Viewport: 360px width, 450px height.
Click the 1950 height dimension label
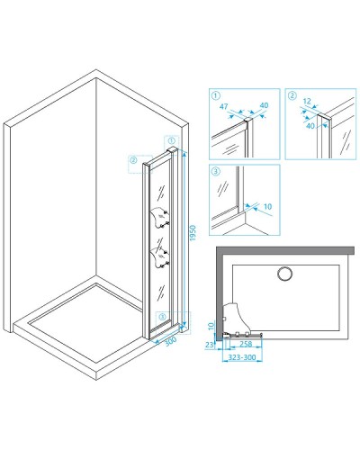(x=193, y=233)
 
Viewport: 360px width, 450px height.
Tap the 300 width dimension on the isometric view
(x=170, y=341)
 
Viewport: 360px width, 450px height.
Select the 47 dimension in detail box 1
(x=224, y=106)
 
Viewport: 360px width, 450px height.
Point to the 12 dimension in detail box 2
(x=307, y=101)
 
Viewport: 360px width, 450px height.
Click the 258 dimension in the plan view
(x=246, y=344)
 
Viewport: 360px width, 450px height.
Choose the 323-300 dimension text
(x=242, y=357)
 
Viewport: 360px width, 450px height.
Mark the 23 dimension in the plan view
(x=210, y=345)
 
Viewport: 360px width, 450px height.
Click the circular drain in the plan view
(x=284, y=274)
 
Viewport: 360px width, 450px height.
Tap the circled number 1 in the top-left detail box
(x=216, y=95)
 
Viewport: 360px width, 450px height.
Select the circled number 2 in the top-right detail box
(x=292, y=95)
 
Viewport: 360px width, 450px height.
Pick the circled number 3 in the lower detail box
(x=216, y=171)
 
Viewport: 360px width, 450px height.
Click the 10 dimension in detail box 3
(x=267, y=206)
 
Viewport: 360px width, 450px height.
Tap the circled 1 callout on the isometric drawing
(x=171, y=140)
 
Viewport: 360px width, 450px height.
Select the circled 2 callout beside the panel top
(x=133, y=160)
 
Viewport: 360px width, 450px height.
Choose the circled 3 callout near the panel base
(x=162, y=317)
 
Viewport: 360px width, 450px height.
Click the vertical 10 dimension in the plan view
(x=211, y=326)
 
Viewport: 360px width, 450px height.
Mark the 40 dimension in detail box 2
(x=310, y=126)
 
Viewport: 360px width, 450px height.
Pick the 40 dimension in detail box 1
(x=264, y=105)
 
